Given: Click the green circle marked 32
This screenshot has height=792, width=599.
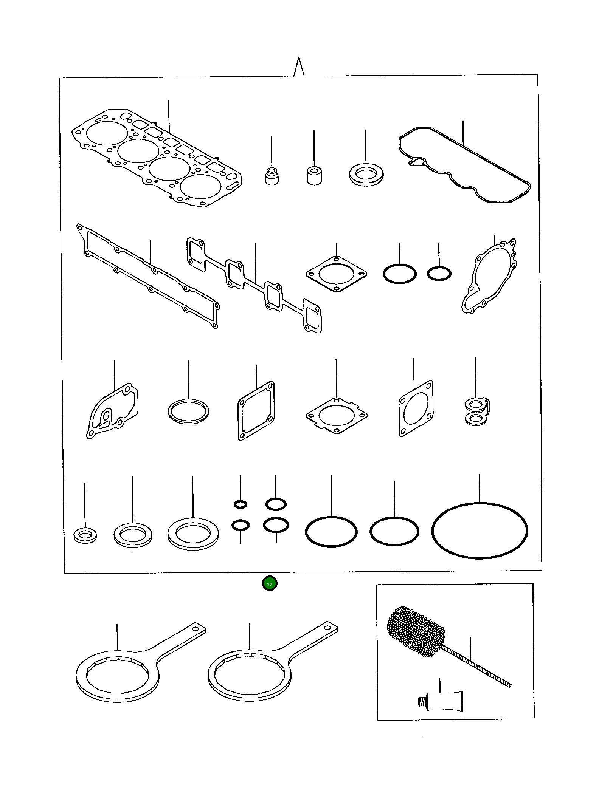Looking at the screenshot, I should (270, 584).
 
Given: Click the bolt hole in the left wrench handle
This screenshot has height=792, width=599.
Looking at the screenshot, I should (196, 629).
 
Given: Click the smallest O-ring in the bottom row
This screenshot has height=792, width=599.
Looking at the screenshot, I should (241, 504).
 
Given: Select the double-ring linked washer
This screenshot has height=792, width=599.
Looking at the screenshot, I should (476, 412).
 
